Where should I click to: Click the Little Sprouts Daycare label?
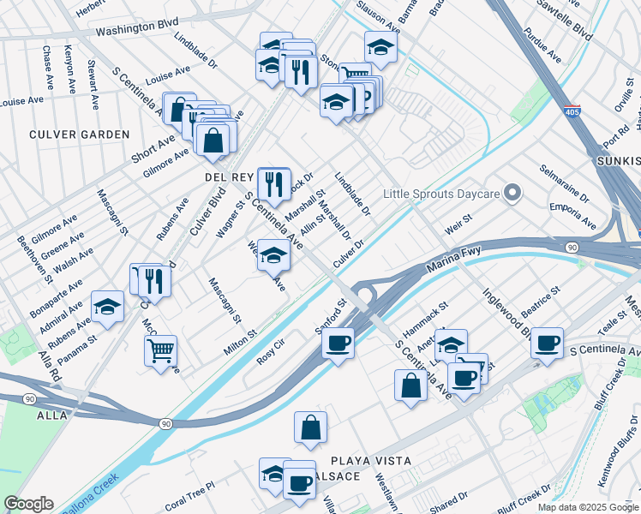coord(440,194)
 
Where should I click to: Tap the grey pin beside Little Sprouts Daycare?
coord(513,193)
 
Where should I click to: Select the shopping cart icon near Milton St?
coord(160,350)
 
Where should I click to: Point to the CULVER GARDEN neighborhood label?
coord(79,134)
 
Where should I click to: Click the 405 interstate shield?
coord(572,112)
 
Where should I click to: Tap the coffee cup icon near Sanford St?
coord(338,344)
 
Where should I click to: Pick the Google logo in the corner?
coord(28,504)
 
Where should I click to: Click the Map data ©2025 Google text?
coord(587,507)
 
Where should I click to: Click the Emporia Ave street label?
coord(573,215)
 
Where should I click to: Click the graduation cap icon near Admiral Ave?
coord(108,306)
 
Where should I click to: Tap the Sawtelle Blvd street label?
coord(566,19)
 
